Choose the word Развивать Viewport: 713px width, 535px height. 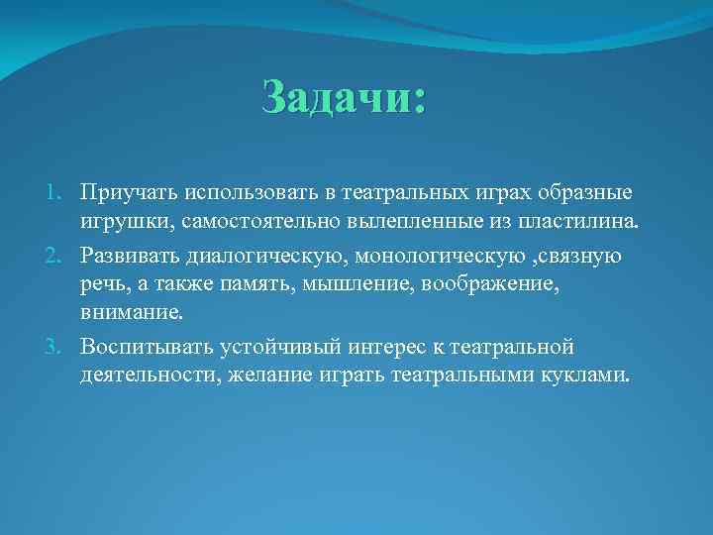[131, 258]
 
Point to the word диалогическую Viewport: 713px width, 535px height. [265, 258]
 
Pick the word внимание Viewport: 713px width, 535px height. [133, 313]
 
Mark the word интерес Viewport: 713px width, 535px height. [393, 348]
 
